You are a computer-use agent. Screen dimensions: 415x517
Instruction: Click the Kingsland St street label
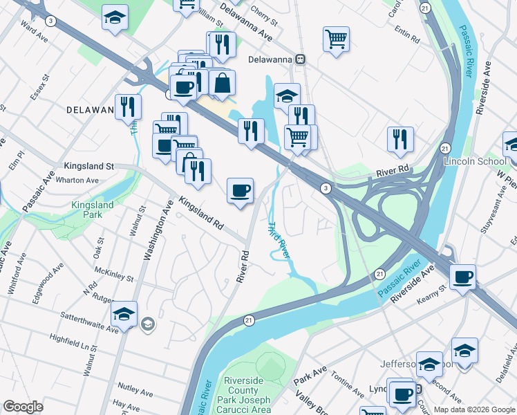(88, 167)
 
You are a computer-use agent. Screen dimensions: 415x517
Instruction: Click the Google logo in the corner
(23, 407)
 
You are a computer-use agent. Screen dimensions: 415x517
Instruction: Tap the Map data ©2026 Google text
(474, 409)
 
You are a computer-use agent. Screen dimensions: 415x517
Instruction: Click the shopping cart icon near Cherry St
(336, 39)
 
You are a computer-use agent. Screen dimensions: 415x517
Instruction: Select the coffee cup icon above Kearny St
(462, 277)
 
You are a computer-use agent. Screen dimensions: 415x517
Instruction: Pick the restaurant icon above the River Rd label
(400, 139)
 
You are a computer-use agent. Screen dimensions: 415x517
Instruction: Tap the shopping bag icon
(223, 83)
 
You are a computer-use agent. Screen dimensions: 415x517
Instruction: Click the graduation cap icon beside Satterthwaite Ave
(124, 313)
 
